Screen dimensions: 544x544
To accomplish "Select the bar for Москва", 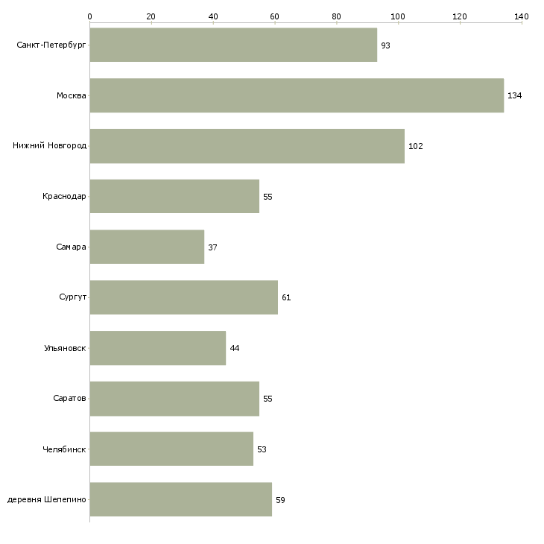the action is coord(297,95).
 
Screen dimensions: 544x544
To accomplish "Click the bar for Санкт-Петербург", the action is coord(233,45).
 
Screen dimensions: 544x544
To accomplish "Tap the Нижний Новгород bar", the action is coord(247,146).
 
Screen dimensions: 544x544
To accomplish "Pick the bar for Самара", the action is coord(147,247).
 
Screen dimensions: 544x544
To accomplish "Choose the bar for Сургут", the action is coord(184,297).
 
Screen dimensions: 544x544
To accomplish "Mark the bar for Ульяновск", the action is coord(158,348).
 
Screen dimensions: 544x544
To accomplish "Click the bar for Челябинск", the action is coord(171,449).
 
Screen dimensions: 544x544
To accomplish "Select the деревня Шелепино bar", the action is coord(181,499).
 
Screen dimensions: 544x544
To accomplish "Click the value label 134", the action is coord(514,95).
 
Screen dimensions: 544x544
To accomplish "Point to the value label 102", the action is coord(416,146).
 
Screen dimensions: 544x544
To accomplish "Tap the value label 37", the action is coord(212,247).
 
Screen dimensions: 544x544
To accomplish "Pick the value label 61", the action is coord(286,297).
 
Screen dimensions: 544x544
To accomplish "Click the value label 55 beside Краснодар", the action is coord(268,197).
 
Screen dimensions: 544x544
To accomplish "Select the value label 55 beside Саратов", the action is coord(268,399).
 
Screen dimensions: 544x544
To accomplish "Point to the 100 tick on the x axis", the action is coord(398,16).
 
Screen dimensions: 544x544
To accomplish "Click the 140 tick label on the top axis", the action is coord(522,16).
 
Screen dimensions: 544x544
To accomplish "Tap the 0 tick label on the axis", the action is coord(90,16).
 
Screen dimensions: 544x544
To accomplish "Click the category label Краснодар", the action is coord(64,197).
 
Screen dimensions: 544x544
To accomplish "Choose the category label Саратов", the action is coord(69,398).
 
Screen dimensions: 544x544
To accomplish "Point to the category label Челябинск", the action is coord(64,449).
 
